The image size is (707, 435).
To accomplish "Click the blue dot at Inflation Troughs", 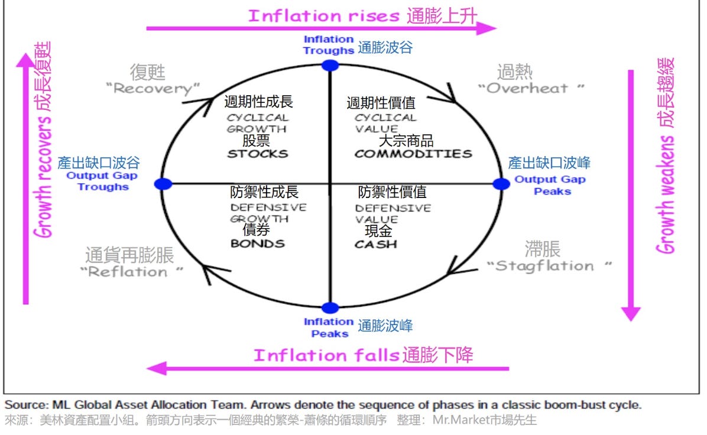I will click(x=329, y=64).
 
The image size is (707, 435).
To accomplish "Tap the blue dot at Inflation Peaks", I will click(x=330, y=307).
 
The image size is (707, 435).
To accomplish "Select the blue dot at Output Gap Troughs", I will click(x=163, y=184).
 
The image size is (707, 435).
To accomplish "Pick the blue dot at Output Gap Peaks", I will click(x=501, y=184).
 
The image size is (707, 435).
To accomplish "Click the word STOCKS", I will click(x=258, y=154).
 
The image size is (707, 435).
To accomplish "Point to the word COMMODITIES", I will click(x=413, y=154).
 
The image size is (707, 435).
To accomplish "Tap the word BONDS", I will click(x=257, y=244).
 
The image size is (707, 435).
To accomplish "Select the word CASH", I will click(x=375, y=244).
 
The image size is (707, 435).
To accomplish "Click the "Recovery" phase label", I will click(x=153, y=89).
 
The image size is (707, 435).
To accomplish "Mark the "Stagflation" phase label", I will click(x=549, y=265).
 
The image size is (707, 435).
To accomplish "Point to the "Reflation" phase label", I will click(x=133, y=272).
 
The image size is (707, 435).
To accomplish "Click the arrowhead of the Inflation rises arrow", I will click(x=488, y=28).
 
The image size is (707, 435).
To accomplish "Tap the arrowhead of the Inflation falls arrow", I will click(x=155, y=369).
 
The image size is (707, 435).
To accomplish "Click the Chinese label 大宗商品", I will click(x=406, y=141).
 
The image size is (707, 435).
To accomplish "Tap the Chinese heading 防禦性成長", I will click(x=264, y=192).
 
